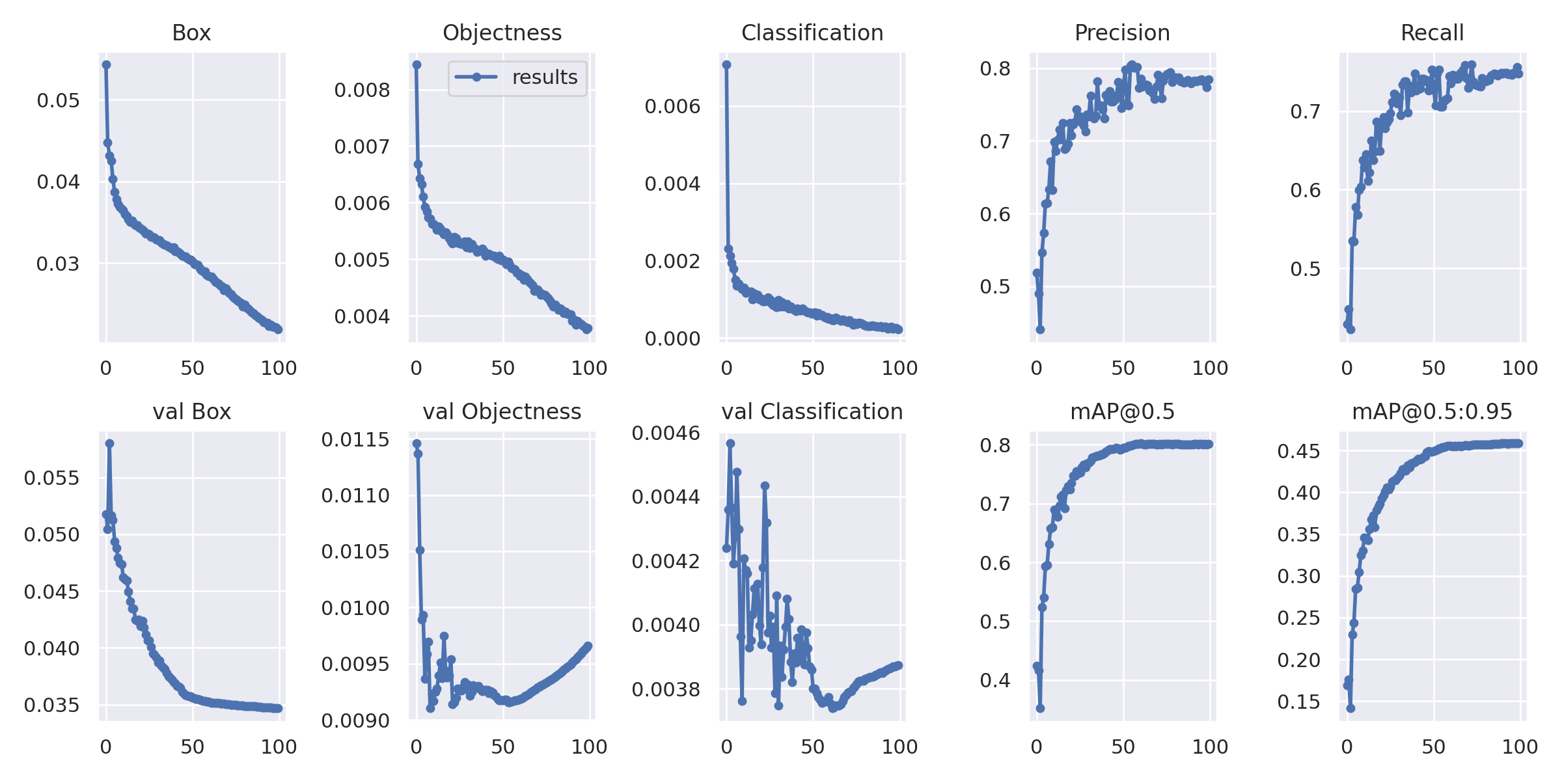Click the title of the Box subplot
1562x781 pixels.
pyautogui.click(x=191, y=33)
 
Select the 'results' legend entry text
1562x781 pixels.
pyautogui.click(x=545, y=77)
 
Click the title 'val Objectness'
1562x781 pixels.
pyautogui.click(x=502, y=411)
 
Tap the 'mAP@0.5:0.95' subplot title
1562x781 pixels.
pyautogui.click(x=1432, y=411)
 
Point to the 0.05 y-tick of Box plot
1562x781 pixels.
pyautogui.click(x=58, y=100)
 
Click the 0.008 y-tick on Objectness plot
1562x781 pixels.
pyautogui.click(x=362, y=90)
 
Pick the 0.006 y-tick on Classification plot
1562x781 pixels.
pyautogui.click(x=672, y=106)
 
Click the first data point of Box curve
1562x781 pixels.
pyautogui.click(x=106, y=64)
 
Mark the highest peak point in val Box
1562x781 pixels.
pyautogui.click(x=109, y=443)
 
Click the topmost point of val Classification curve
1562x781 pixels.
pyautogui.click(x=730, y=443)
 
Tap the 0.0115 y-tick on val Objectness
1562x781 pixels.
pyautogui.click(x=355, y=439)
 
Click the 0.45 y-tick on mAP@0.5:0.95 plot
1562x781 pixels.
pyautogui.click(x=1298, y=451)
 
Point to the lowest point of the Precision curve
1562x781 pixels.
pyautogui.click(x=1040, y=330)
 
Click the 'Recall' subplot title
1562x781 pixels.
pyautogui.click(x=1432, y=33)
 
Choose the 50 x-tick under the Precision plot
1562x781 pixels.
pyautogui.click(x=1123, y=368)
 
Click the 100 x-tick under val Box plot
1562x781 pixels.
pyautogui.click(x=279, y=747)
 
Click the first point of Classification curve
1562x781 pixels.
pyautogui.click(x=726, y=64)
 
